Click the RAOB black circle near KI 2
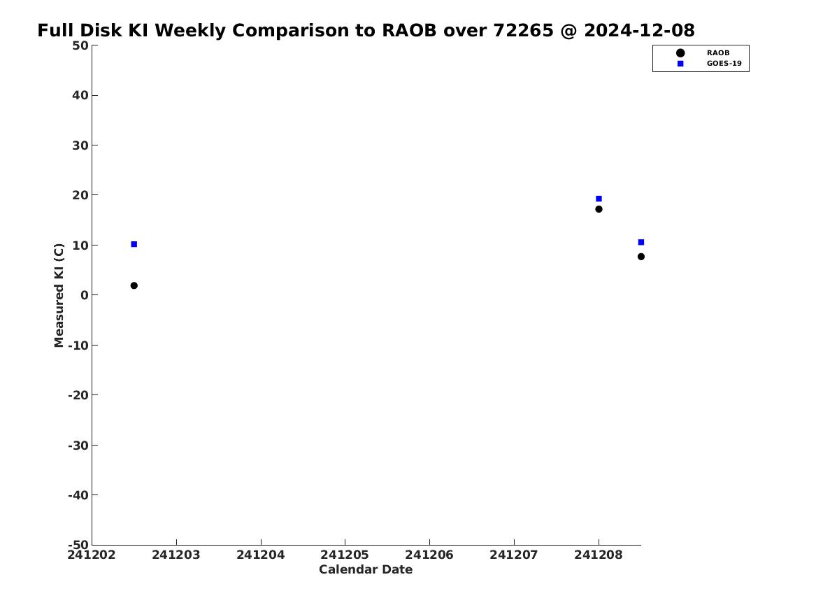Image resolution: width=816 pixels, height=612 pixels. click(134, 285)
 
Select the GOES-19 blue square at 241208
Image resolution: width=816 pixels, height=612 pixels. click(599, 199)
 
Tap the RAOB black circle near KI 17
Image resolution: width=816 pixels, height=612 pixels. click(599, 209)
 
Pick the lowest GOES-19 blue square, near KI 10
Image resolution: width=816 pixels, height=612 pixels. click(134, 244)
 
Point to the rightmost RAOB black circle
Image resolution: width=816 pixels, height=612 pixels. click(640, 257)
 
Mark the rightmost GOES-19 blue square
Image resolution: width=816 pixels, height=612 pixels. click(640, 242)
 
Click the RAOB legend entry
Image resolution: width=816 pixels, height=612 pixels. click(702, 52)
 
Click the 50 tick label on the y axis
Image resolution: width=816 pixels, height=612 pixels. click(80, 45)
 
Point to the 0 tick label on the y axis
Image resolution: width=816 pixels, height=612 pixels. click(85, 295)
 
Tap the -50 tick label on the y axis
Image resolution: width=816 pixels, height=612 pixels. click(78, 545)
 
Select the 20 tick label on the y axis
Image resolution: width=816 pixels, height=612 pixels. click(80, 195)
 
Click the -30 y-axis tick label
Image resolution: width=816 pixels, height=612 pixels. click(78, 445)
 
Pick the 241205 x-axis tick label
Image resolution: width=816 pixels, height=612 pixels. click(345, 555)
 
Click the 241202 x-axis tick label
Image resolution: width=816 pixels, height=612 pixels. click(92, 555)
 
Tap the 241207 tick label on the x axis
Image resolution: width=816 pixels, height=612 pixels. click(514, 555)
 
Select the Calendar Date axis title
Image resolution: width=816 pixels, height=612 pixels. click(366, 569)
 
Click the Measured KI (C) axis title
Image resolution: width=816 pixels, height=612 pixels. click(59, 295)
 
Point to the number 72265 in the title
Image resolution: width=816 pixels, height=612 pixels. click(523, 30)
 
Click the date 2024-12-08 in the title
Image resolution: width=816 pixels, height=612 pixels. click(639, 30)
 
